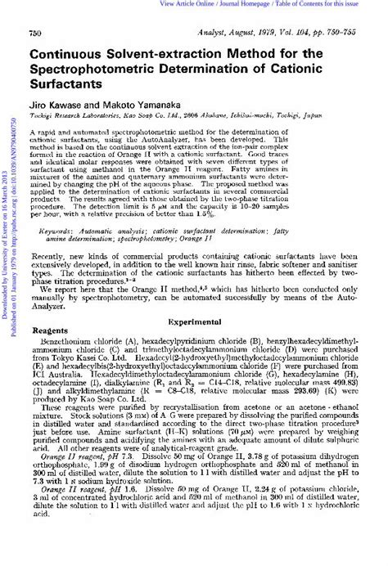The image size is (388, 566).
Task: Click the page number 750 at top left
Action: (35, 32)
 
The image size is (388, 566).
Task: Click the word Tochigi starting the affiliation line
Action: (43, 117)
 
